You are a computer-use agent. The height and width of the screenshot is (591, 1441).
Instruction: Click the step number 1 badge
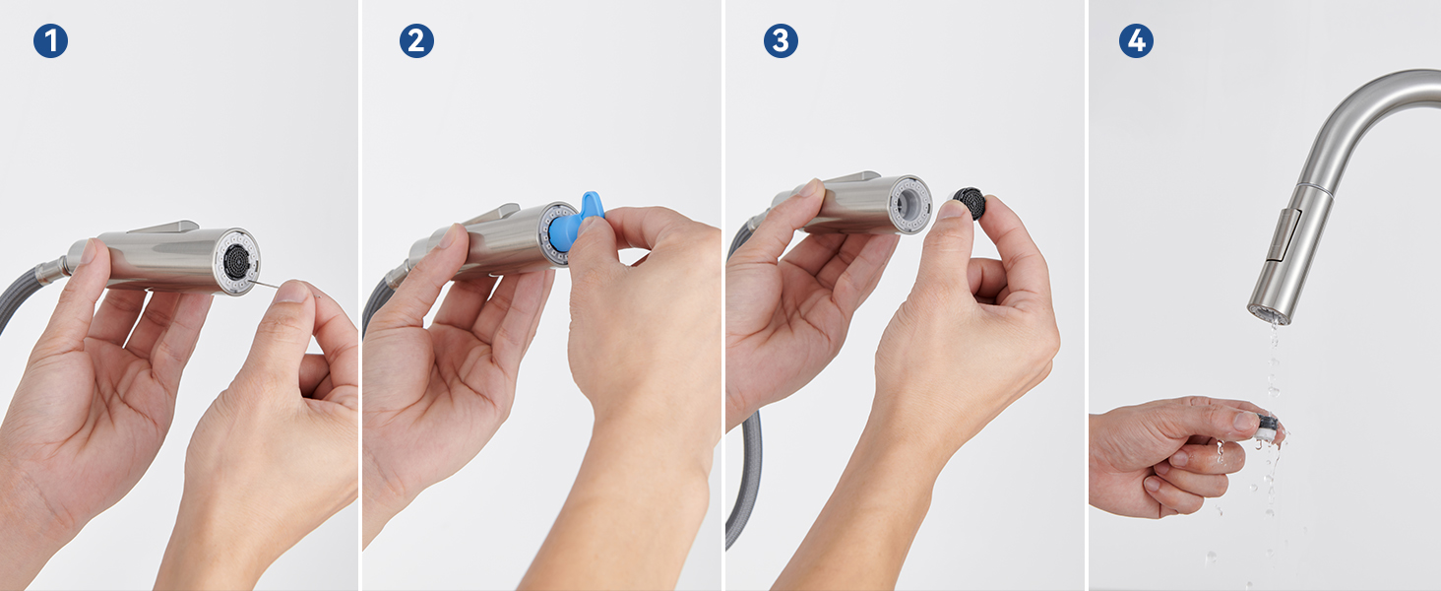(50, 41)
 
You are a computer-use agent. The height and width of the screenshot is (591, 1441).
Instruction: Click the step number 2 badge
(416, 41)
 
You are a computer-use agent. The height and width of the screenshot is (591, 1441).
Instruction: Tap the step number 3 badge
(781, 41)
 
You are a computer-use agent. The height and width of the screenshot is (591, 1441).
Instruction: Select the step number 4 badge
(1136, 41)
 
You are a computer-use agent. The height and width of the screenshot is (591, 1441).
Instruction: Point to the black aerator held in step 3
(970, 203)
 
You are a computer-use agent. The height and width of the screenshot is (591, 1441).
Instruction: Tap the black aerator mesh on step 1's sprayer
(236, 261)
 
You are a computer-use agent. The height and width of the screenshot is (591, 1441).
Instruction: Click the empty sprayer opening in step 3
(908, 205)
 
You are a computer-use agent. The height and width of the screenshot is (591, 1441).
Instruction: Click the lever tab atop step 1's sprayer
(164, 226)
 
